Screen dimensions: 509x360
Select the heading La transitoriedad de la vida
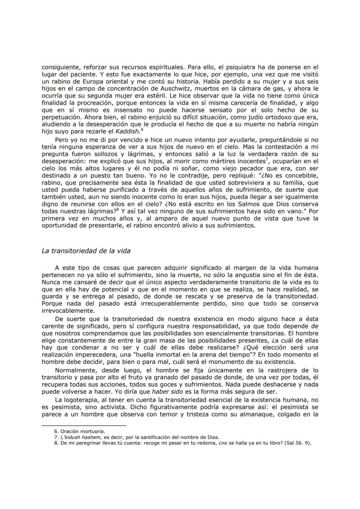click(86, 250)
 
